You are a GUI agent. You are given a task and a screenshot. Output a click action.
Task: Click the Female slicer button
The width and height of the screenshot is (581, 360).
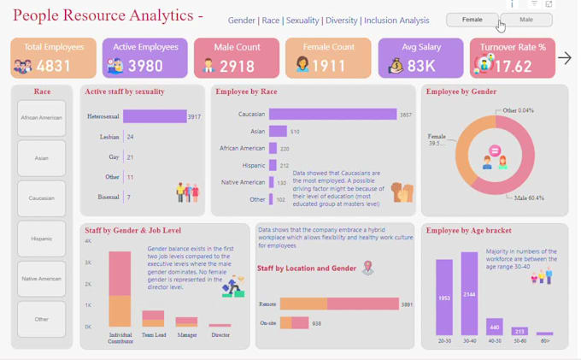(x=472, y=20)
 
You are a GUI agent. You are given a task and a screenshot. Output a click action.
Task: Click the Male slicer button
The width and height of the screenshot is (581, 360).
(x=526, y=20)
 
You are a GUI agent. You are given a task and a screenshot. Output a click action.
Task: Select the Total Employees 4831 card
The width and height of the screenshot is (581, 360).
(x=54, y=58)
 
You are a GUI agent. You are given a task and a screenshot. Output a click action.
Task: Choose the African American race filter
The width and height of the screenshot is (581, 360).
(x=41, y=118)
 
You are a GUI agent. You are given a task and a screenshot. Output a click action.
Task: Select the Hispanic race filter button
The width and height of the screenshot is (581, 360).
(x=41, y=239)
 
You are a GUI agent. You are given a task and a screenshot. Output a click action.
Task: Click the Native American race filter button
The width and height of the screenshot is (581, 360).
(x=41, y=279)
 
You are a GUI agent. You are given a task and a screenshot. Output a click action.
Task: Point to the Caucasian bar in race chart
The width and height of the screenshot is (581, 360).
(x=332, y=115)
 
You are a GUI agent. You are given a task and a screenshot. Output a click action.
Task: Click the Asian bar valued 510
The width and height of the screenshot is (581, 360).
(x=278, y=132)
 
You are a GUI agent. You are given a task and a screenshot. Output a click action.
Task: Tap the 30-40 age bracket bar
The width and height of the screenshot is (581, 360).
(x=469, y=293)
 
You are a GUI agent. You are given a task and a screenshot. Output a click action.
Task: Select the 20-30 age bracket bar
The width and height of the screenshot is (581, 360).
(x=444, y=298)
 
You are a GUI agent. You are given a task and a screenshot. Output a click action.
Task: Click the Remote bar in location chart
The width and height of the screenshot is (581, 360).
(x=339, y=304)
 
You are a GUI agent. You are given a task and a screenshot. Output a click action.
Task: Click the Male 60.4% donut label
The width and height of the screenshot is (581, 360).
(x=529, y=198)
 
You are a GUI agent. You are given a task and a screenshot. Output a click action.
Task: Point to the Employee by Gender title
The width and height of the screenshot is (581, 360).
(x=461, y=91)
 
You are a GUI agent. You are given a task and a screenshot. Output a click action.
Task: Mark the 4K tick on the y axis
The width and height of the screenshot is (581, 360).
(x=87, y=241)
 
